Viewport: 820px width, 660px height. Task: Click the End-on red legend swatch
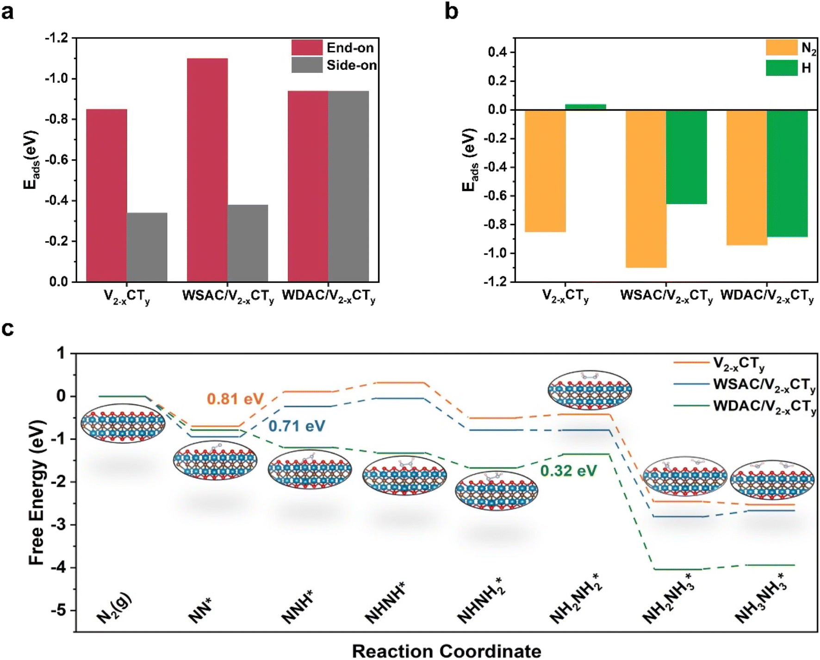click(x=306, y=48)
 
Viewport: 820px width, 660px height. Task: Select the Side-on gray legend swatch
click(x=306, y=65)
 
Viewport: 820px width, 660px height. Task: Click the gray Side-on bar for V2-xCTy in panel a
click(x=147, y=247)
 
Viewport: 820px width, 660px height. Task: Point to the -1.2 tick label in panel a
click(x=56, y=37)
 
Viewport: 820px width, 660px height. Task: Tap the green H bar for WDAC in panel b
click(x=787, y=173)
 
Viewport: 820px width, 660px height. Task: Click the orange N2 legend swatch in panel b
click(x=782, y=48)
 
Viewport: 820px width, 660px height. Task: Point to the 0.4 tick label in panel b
click(x=498, y=52)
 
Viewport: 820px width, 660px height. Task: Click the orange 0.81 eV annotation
click(x=235, y=399)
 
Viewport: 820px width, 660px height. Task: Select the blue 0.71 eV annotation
click(x=297, y=426)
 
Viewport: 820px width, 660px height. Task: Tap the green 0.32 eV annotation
click(x=568, y=471)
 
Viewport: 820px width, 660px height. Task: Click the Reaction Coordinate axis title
click(x=447, y=651)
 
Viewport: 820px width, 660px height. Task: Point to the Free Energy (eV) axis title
click(x=37, y=492)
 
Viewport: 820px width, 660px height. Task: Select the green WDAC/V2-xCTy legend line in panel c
click(x=691, y=406)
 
